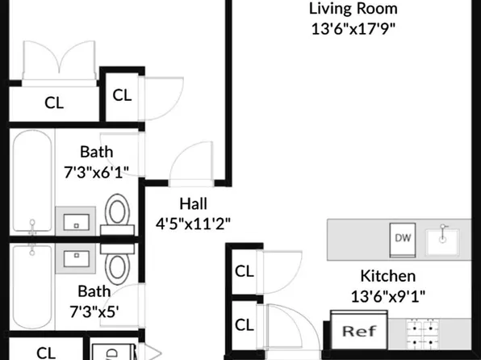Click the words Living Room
(x=353, y=10)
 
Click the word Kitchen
(x=387, y=275)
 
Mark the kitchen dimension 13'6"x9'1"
(x=387, y=295)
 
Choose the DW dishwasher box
(x=403, y=237)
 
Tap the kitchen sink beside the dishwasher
(x=443, y=238)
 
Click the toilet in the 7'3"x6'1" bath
(x=117, y=214)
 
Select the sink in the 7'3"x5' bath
(x=75, y=259)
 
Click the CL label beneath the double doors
(x=54, y=103)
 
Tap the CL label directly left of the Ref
(x=244, y=324)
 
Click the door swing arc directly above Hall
(x=191, y=161)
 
